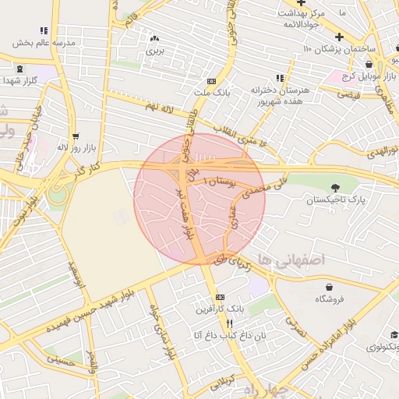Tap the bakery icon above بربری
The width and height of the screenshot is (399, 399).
pos(154,37)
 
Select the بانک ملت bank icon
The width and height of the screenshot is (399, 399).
pos(211,81)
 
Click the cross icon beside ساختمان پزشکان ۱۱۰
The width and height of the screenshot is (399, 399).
pos(338,37)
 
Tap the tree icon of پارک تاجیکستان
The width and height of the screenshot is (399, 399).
pos(336,187)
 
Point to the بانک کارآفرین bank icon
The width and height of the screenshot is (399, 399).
pos(221,297)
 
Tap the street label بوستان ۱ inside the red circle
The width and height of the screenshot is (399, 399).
pos(219,181)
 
